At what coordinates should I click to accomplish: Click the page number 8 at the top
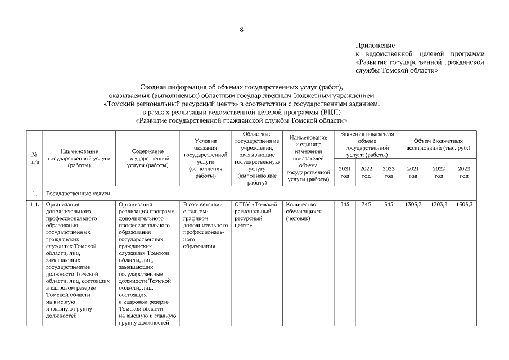pyautogui.click(x=241, y=30)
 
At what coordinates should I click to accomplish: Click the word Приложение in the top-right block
pyautogui.click(x=375, y=45)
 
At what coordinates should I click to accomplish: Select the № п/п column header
pyautogui.click(x=35, y=159)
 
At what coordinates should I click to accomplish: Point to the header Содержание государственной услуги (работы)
pyautogui.click(x=148, y=159)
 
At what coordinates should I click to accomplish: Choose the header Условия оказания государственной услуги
pyautogui.click(x=205, y=158)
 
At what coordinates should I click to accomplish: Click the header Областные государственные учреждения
pyautogui.click(x=256, y=158)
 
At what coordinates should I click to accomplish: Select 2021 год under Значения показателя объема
pyautogui.click(x=345, y=172)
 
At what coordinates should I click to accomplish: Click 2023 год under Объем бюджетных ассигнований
pyautogui.click(x=463, y=172)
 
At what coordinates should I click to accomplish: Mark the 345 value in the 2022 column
pyautogui.click(x=366, y=204)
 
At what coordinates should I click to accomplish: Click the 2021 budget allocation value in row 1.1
pyautogui.click(x=413, y=204)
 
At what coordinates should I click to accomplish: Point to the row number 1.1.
pyautogui.click(x=35, y=204)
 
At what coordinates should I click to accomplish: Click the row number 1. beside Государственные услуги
pyautogui.click(x=35, y=192)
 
